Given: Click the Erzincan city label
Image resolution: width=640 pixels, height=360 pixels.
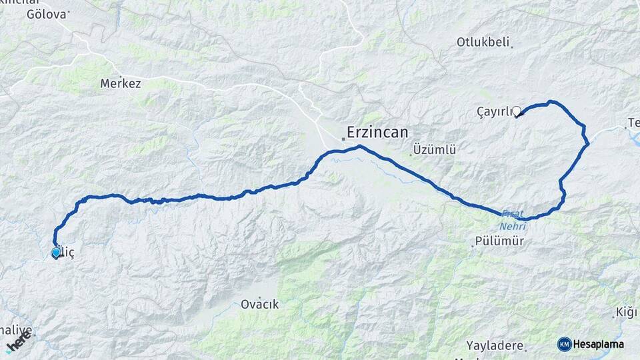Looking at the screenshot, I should click(378, 132).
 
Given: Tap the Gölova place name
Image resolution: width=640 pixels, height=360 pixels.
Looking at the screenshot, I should click(47, 14).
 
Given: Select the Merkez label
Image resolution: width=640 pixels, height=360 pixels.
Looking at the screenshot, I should click(121, 84).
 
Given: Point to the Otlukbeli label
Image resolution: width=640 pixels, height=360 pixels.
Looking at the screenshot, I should click(483, 42).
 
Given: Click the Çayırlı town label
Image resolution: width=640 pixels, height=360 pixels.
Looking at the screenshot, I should click(493, 111).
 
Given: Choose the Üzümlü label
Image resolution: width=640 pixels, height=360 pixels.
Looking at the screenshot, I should click(434, 150).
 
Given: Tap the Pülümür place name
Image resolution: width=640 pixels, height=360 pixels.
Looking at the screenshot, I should click(500, 241).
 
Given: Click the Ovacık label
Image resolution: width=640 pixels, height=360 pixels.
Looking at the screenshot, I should click(259, 304).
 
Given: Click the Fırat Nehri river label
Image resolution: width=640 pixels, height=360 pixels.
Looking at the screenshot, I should click(513, 219).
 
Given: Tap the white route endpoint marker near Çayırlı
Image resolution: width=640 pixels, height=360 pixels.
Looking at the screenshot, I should click(516, 111).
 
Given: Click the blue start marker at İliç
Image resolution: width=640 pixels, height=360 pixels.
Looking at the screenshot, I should click(55, 253).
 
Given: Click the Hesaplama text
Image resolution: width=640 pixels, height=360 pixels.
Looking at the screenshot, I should click(598, 344).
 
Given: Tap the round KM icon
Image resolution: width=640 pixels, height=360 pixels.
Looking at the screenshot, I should click(565, 344).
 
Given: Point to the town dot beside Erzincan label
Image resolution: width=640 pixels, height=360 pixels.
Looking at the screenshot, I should click(343, 139).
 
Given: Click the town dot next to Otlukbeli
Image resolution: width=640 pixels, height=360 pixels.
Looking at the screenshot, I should click(511, 46).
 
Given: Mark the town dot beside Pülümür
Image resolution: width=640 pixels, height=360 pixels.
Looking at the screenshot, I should click(473, 245).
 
